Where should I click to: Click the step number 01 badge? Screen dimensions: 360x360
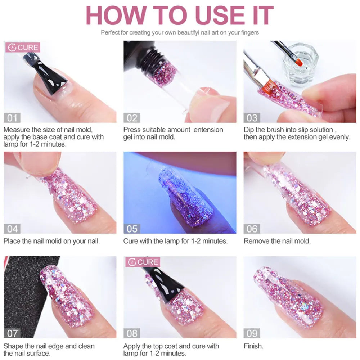click(x=12, y=118)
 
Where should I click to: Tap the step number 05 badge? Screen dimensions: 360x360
click(x=132, y=229)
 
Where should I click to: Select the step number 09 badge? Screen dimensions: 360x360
click(x=252, y=333)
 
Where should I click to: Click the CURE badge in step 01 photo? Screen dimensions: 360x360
click(x=22, y=48)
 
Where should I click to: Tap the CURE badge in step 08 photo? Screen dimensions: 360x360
click(x=143, y=262)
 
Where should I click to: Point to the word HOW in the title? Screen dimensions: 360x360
click(x=113, y=15)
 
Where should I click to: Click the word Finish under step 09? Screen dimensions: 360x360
click(x=253, y=346)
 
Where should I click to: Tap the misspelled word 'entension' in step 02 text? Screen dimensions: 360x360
click(x=208, y=130)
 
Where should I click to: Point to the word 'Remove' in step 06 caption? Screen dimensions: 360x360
click(x=256, y=241)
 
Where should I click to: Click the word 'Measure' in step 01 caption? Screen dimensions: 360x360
click(x=16, y=130)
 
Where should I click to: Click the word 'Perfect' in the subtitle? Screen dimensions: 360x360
click(x=109, y=32)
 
